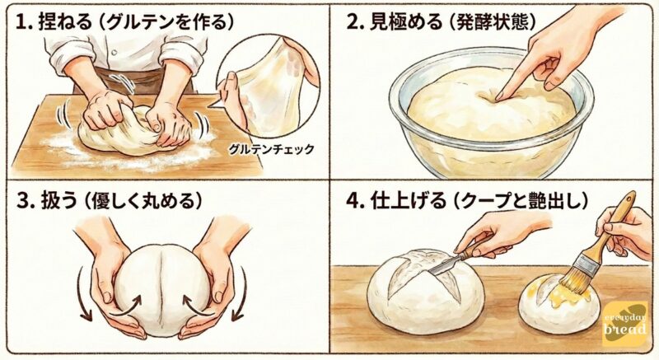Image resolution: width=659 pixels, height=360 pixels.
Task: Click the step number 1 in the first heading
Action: (20, 22)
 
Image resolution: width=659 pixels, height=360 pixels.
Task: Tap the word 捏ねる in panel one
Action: (64, 22)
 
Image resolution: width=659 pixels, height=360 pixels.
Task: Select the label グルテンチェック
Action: (271, 149)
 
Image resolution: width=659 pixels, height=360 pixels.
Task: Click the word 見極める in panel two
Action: (405, 22)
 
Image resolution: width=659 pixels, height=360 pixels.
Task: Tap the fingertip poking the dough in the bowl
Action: (499, 98)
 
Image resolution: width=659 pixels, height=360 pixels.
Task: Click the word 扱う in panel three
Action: (58, 201)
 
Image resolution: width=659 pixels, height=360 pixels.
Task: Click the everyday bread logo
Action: (624, 324)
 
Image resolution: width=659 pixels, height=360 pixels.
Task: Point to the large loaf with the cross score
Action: (424, 291)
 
